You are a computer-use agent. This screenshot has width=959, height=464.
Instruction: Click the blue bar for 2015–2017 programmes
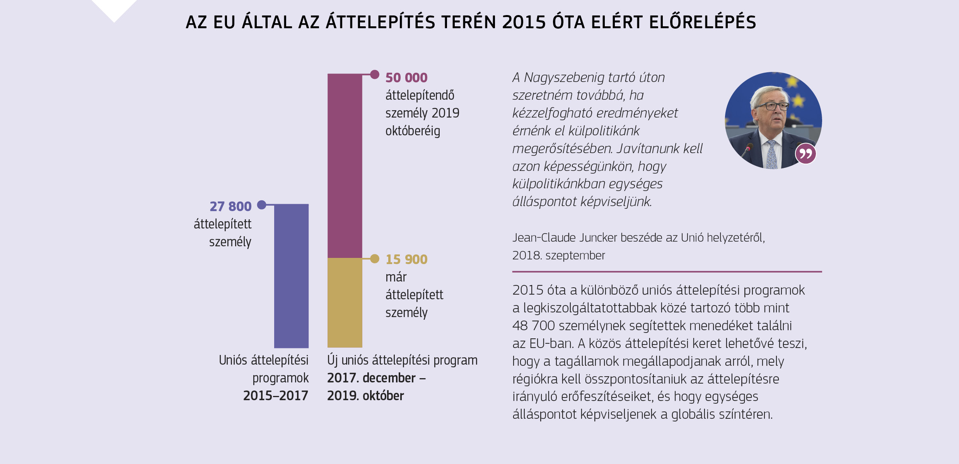click(291, 276)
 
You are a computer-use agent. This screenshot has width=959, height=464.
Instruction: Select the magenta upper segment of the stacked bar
click(345, 165)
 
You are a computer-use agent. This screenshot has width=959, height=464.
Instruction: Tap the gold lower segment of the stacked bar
click(345, 302)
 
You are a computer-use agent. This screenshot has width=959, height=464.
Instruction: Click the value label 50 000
click(406, 78)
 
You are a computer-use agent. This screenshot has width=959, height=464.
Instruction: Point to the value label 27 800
click(230, 206)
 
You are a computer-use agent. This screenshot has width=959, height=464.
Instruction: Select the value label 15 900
click(406, 259)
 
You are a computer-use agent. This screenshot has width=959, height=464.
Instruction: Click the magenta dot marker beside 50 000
click(374, 74)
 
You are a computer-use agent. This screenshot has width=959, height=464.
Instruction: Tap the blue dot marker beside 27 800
click(262, 205)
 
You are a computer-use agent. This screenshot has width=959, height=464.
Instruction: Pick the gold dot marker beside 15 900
click(374, 259)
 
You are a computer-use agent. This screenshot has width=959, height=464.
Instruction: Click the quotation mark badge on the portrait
click(805, 154)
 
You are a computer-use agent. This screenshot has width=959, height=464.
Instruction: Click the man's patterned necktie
click(771, 155)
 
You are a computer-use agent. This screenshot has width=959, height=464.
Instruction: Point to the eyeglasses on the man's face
click(771, 106)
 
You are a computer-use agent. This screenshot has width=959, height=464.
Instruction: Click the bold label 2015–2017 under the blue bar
click(275, 396)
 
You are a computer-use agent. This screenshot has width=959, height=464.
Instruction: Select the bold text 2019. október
click(365, 396)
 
